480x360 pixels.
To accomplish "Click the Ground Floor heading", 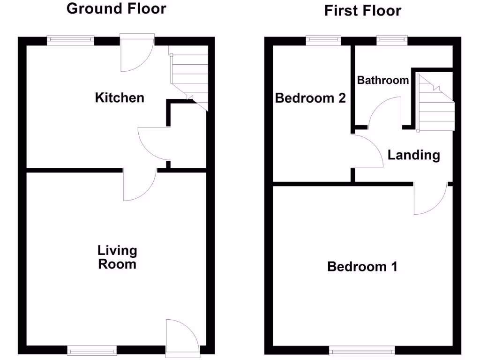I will coord(116,8).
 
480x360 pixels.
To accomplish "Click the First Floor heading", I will coord(362,10).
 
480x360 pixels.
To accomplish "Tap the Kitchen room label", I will coord(120,97).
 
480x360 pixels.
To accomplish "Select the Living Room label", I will coord(117,257).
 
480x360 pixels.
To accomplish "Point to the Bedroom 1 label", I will coord(362,267).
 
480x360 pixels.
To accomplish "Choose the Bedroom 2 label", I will coord(310,98).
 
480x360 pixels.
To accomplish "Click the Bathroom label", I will coord(382,80).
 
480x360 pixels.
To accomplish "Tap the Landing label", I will coord(413,155).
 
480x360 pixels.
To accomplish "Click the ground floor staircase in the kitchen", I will coord(190,77).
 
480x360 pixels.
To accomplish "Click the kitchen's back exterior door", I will coord(137,52).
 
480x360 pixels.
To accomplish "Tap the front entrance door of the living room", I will coord(182,337).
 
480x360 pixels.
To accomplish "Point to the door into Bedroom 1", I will coord(430,198).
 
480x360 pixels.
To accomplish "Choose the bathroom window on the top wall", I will coord(392,40).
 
